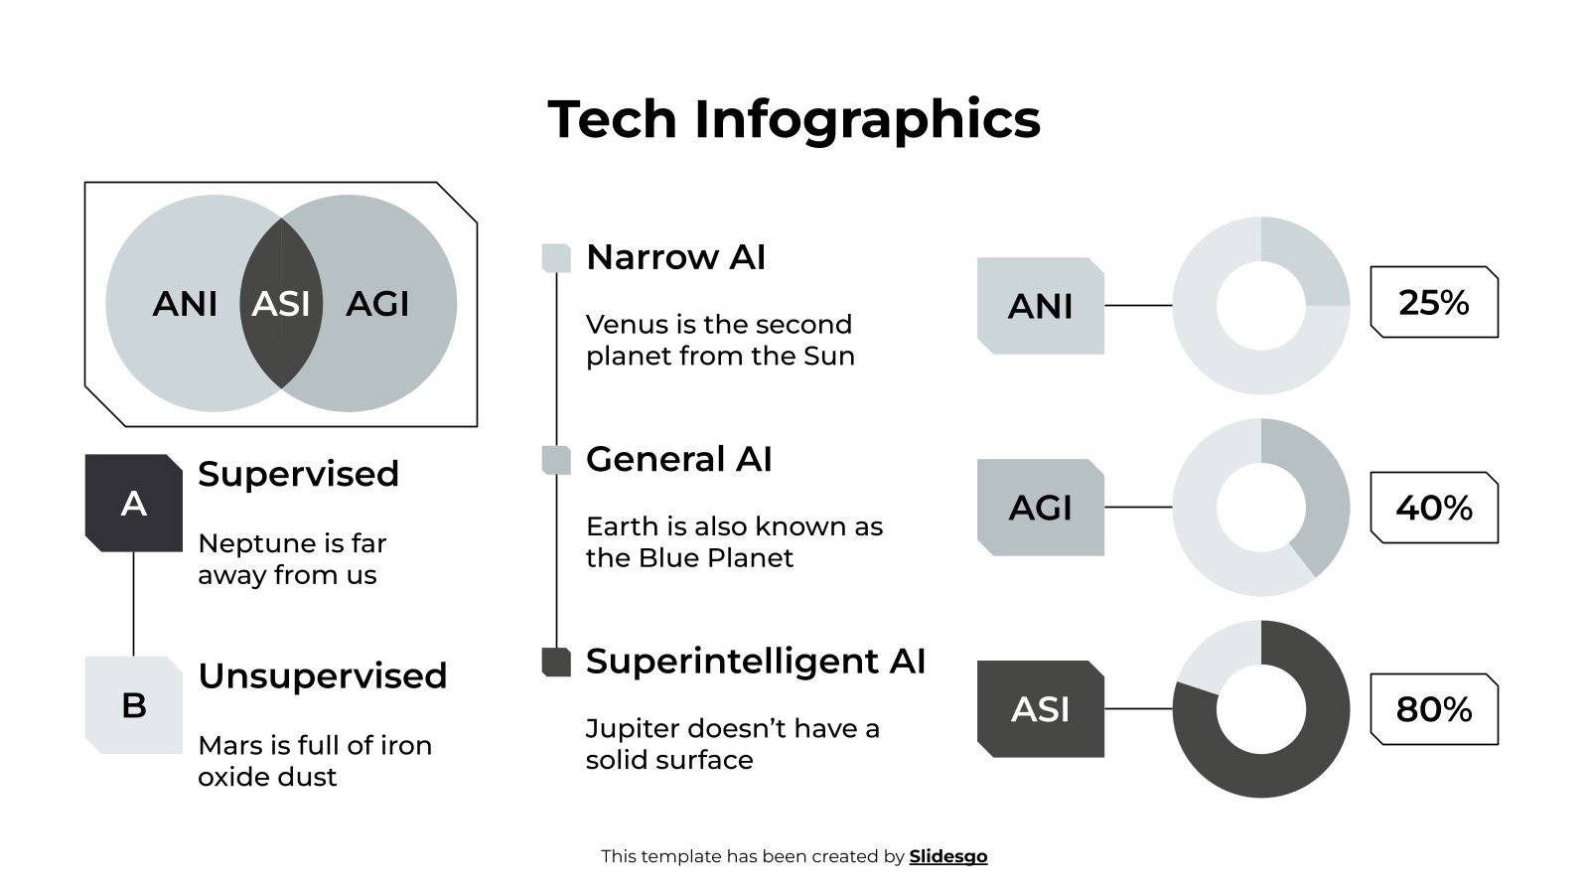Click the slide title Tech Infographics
point(794,119)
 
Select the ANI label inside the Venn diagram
point(185,304)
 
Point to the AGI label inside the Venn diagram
point(377,304)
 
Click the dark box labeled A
point(134,504)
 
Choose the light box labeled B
point(134,705)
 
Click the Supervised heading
point(298,474)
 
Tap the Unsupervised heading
point(322,675)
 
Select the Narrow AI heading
point(675,257)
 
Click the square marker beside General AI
point(556,460)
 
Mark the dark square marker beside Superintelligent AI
point(556,662)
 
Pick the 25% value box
point(1433,303)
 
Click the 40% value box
point(1433,508)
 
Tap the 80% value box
point(1433,709)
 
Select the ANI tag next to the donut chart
point(1040,306)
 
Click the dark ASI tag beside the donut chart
point(1040,709)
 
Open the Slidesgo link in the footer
point(947,856)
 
